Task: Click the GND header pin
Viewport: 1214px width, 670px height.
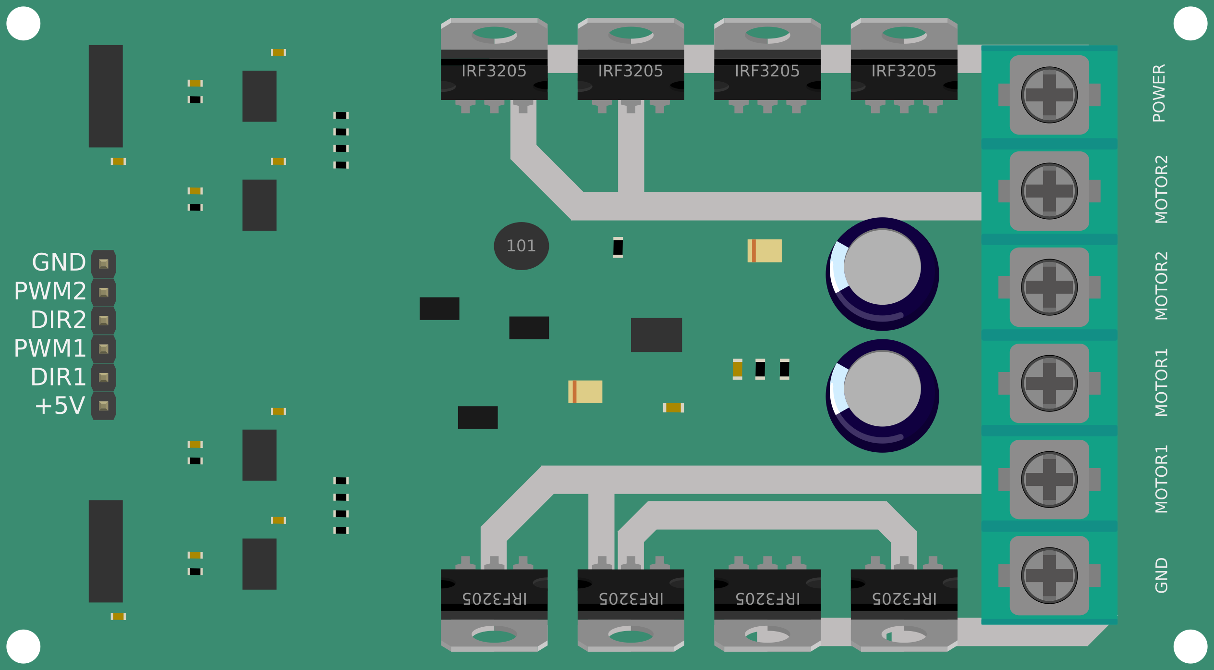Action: pos(103,263)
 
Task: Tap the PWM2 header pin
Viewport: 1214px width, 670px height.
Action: pos(103,292)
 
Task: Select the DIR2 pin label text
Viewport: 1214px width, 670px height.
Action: pos(58,320)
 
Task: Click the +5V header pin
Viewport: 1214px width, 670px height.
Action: pos(103,406)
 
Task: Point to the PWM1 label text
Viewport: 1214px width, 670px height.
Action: pos(50,348)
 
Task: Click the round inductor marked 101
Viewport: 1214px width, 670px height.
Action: pos(521,246)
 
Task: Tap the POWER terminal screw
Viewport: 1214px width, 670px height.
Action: pos(1049,95)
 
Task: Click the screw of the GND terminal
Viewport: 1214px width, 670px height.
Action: pos(1049,575)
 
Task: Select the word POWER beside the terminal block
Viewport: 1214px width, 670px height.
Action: pos(1159,93)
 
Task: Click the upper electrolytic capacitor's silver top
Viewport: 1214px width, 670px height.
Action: pos(882,267)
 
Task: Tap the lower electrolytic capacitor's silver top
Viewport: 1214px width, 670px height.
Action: pos(882,389)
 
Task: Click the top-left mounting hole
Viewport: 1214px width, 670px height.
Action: pos(23,23)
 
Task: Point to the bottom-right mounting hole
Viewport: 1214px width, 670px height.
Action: pos(1190,646)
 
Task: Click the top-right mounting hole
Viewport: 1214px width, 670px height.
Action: pos(1190,23)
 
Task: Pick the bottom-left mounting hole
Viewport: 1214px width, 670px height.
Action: pos(23,646)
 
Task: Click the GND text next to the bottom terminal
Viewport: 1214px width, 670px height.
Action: pos(1161,575)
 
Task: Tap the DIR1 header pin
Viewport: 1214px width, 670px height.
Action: pos(103,377)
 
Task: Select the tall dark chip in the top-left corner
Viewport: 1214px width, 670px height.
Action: pos(106,96)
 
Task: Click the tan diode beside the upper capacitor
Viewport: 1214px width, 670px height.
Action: pos(765,251)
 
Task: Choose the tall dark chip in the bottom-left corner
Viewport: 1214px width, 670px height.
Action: pos(106,551)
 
